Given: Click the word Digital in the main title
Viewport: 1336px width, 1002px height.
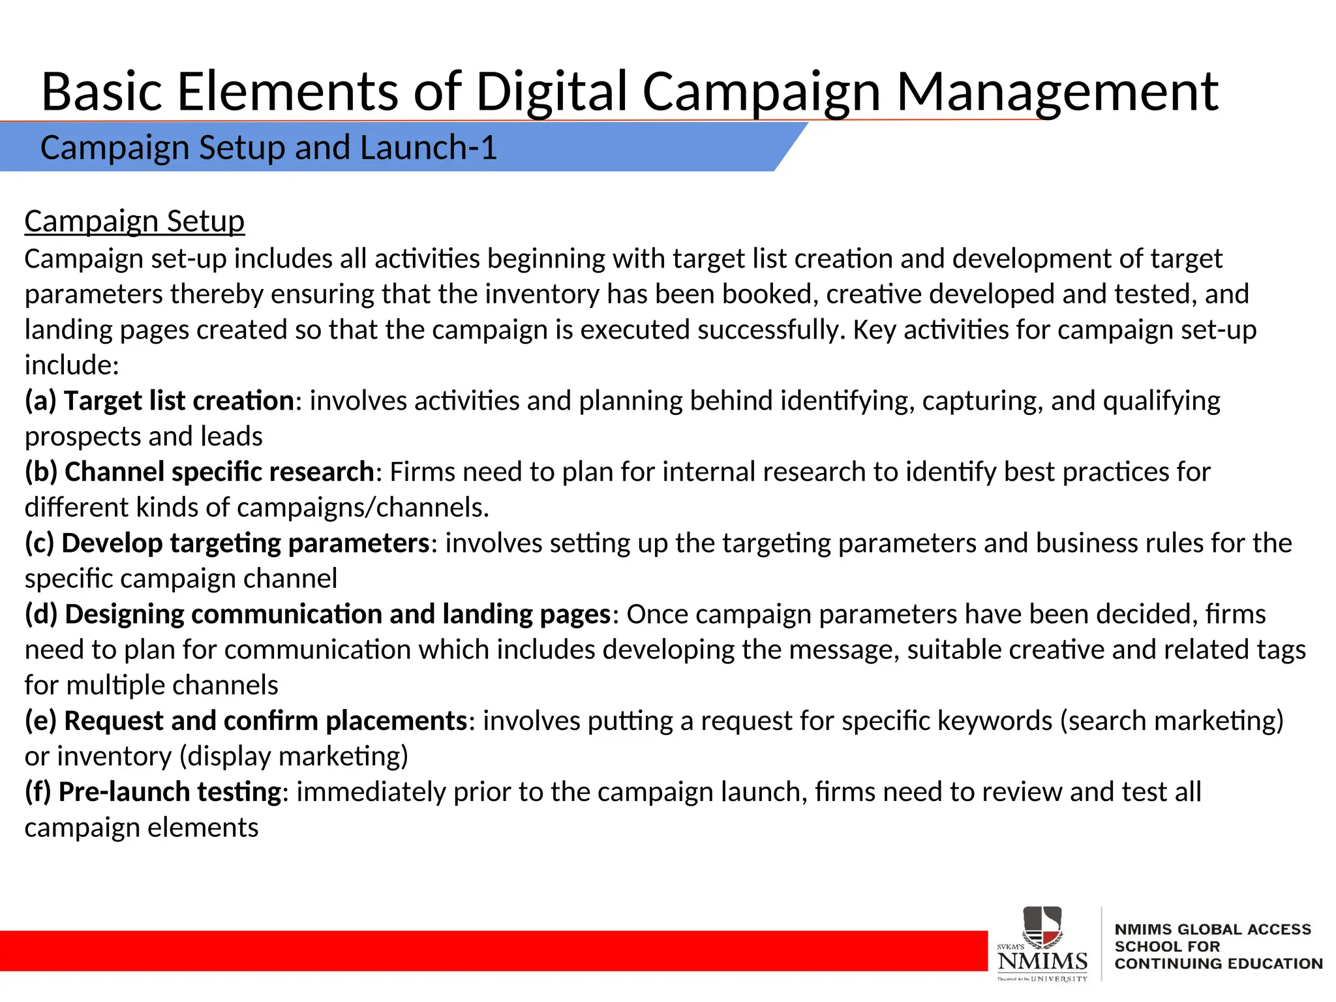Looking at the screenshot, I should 552,92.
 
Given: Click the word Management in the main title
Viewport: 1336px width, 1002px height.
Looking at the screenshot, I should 1057,92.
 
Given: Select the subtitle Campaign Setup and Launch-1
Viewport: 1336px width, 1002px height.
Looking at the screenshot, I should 268,147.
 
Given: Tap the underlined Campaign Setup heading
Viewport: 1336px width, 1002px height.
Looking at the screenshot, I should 134,221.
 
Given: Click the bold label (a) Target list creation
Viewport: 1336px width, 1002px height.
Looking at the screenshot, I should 160,401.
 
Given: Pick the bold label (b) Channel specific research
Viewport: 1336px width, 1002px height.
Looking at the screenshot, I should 200,472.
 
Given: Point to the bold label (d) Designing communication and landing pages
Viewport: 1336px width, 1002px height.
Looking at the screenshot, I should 318,614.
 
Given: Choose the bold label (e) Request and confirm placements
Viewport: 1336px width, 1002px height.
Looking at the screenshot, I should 246,721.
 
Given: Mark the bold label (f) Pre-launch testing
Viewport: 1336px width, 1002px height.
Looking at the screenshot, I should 153,792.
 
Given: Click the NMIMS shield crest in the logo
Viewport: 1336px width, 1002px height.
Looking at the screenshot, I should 1042,926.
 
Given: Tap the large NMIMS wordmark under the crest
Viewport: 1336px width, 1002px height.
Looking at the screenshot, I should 1042,961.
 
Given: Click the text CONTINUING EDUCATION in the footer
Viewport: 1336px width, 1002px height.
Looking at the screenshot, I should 1219,964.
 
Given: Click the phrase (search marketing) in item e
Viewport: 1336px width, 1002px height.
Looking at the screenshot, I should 1172,721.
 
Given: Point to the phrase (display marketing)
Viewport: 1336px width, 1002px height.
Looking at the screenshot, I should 294,756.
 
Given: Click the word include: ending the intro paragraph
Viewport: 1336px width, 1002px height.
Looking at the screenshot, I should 72,365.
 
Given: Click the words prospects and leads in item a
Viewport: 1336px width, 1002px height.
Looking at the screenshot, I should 144,436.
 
